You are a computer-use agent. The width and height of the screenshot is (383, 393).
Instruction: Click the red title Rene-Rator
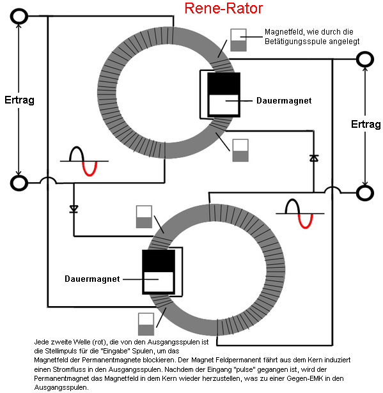[x=224, y=8]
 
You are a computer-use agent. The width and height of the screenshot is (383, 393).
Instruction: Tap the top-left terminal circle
[x=19, y=16]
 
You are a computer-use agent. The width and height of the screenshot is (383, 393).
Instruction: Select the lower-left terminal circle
[x=19, y=183]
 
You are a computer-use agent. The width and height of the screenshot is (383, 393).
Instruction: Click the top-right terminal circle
[x=365, y=59]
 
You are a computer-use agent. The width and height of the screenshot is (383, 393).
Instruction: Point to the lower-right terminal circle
[x=365, y=193]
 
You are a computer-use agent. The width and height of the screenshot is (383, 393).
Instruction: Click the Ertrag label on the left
[x=19, y=100]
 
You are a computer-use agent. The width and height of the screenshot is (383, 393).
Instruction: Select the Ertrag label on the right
[x=366, y=124]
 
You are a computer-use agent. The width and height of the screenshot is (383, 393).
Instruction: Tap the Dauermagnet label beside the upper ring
[x=284, y=101]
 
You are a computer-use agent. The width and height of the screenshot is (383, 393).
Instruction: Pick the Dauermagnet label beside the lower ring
[x=92, y=279]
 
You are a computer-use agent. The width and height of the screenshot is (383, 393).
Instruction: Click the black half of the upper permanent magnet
[x=224, y=84]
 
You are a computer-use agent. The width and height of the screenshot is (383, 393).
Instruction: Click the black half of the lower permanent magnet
[x=159, y=261]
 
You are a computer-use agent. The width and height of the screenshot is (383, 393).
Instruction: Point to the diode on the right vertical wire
[x=314, y=158]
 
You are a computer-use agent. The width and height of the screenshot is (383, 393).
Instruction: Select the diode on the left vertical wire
[x=74, y=209]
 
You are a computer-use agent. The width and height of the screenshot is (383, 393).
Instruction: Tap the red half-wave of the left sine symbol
[x=90, y=169]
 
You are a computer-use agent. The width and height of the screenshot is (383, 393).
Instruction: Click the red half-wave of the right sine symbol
[x=306, y=221]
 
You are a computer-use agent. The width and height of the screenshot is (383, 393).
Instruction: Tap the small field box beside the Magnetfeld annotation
[x=238, y=40]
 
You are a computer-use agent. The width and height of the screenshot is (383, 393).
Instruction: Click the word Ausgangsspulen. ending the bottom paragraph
[x=61, y=387]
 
